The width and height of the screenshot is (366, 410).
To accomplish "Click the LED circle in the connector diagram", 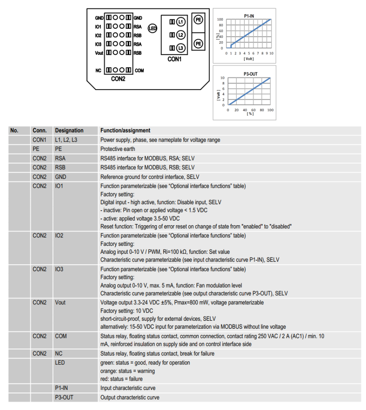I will tap(152, 28).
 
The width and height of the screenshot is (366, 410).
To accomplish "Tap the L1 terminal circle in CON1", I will tap(181, 21).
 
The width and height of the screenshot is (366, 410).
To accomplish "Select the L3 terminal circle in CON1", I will tap(181, 48).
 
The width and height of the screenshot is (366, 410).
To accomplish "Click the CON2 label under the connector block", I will tap(118, 79).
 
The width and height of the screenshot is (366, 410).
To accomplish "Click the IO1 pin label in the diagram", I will tap(98, 27).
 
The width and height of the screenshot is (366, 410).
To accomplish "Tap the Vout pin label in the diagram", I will tap(99, 53).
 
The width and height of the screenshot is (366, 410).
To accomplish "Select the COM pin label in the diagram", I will tap(139, 70).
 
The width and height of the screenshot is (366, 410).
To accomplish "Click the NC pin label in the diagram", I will tap(98, 70).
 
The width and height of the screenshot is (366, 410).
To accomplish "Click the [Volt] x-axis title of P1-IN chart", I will tap(248, 58).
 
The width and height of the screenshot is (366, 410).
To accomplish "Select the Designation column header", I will tap(69, 131).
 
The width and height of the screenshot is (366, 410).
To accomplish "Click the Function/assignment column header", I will tap(125, 131).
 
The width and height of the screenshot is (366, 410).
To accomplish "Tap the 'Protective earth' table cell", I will tap(118, 149).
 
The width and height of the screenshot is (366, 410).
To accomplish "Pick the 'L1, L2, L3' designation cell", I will tap(66, 140).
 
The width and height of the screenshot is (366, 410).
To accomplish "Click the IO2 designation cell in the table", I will tap(59, 236).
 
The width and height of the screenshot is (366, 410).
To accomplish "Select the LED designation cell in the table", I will tap(60, 363).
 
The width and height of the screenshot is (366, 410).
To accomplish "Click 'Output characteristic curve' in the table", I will tap(130, 398).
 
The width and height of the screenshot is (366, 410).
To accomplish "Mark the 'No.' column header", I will tap(14, 131).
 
